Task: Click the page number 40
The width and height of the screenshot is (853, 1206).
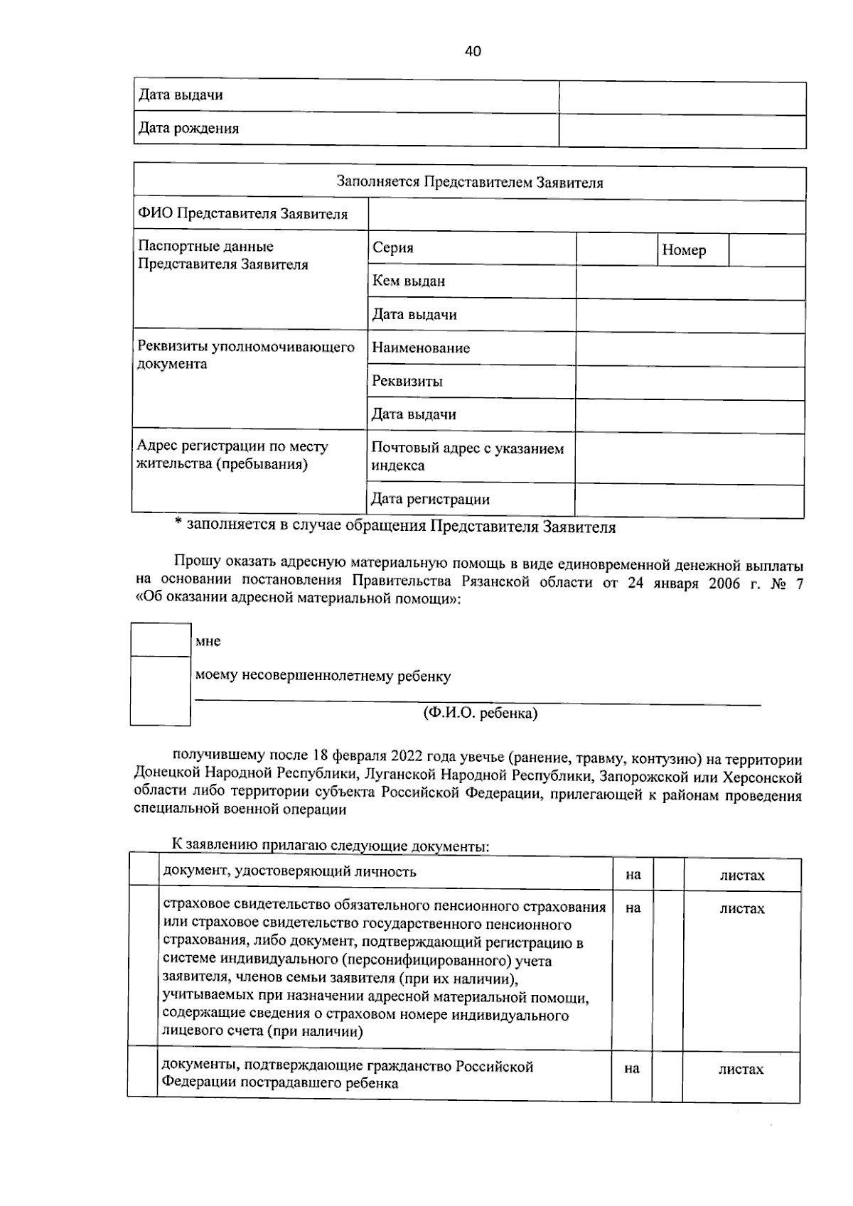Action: coord(473,51)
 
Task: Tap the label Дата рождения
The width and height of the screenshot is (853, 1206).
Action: coord(188,129)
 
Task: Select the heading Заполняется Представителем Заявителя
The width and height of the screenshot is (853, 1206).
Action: coord(469,183)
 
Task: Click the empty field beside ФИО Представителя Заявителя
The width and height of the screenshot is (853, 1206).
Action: coord(586,215)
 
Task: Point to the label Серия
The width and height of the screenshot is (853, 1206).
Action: coord(393,248)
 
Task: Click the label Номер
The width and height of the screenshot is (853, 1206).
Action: coord(684,250)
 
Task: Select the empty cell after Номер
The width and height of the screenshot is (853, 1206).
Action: coord(767,250)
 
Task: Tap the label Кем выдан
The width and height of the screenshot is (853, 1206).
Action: coord(409,281)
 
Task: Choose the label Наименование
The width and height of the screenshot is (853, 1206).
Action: coord(421,348)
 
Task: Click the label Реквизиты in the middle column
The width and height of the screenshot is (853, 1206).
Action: coord(407,382)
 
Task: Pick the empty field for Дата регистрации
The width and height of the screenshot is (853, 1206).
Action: coord(689,500)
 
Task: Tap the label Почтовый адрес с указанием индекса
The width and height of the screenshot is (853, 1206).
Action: coord(467,457)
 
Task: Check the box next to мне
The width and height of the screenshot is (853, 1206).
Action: coord(161,640)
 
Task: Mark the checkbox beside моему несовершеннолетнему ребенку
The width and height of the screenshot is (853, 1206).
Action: coord(161,690)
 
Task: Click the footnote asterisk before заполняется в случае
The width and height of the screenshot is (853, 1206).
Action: coord(178,526)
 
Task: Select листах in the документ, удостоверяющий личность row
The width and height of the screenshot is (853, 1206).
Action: coord(741,876)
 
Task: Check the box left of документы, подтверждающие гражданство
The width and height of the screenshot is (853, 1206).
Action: coord(142,1075)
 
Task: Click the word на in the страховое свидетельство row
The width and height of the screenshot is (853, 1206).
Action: coord(632,908)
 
